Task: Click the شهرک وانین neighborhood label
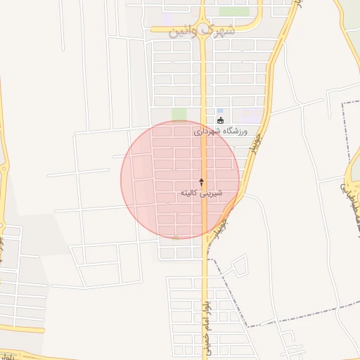pyautogui.click(x=202, y=30)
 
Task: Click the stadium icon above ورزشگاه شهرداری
pyautogui.click(x=220, y=120)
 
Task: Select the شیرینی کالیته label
pyautogui.click(x=202, y=192)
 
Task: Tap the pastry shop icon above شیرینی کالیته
pyautogui.click(x=202, y=181)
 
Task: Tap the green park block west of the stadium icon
pyautogui.click(x=179, y=115)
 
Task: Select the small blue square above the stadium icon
pyautogui.click(x=220, y=111)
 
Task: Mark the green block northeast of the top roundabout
pyautogui.click(x=234, y=12)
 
